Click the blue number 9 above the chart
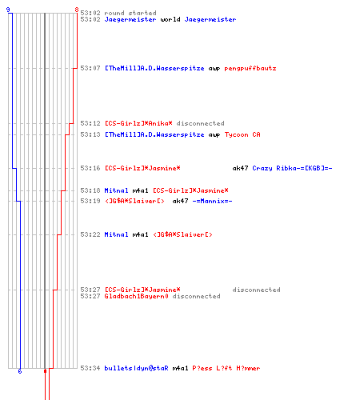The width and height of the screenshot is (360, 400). click(8, 10)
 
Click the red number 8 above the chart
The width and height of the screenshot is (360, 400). click(77, 10)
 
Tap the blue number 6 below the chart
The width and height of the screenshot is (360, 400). click(20, 371)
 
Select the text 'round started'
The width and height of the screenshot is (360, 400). click(130, 13)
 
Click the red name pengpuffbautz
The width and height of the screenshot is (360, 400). click(250, 68)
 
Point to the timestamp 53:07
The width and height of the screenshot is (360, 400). click(90, 68)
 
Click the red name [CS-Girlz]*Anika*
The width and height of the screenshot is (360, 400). click(138, 123)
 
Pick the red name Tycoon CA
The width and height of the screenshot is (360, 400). click(242, 134)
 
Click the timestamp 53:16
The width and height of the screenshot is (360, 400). click(90, 168)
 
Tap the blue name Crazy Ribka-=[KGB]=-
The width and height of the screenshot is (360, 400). click(292, 168)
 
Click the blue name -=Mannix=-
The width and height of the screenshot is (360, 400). click(212, 201)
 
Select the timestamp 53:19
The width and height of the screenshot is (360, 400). click(90, 201)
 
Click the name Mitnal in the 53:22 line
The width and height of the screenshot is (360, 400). click(116, 234)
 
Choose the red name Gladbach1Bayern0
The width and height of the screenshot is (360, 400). click(136, 296)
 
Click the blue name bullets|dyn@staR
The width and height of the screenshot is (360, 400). click(136, 368)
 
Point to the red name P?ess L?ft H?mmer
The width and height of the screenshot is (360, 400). click(226, 368)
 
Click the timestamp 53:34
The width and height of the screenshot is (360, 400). click(90, 368)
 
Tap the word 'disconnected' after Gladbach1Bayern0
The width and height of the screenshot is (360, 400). click(196, 296)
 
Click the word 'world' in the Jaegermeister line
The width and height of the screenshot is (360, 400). click(170, 19)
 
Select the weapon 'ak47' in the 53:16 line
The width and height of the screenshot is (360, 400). click(240, 168)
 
